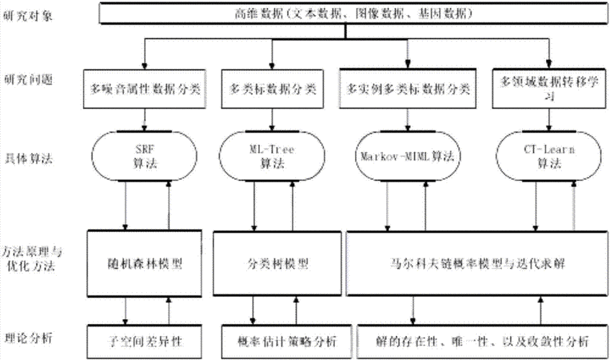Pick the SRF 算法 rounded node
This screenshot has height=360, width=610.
(147, 156)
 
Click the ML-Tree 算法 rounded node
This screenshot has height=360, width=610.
(272, 156)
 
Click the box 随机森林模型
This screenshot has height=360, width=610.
(147, 262)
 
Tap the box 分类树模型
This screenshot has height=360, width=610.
(272, 262)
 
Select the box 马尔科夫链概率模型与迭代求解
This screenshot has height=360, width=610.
(476, 262)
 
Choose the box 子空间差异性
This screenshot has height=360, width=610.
(147, 338)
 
